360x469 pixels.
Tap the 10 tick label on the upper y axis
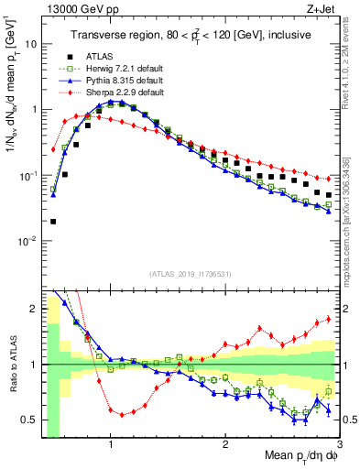[30, 43]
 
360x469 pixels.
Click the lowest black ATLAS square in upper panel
[53, 221]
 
